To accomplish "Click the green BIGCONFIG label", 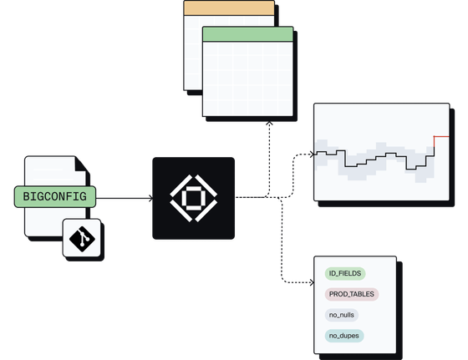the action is pyautogui.click(x=55, y=196).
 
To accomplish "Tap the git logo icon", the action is pyautogui.click(x=82, y=238).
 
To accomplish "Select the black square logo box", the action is pyautogui.click(x=193, y=198).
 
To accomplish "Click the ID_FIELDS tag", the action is pyautogui.click(x=345, y=273).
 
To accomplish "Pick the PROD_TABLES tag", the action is pyautogui.click(x=352, y=294).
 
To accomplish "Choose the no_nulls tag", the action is pyautogui.click(x=342, y=315).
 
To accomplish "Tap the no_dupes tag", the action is pyautogui.click(x=344, y=336).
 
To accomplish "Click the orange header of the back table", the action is pyautogui.click(x=229, y=8).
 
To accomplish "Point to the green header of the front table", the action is pyautogui.click(x=247, y=34).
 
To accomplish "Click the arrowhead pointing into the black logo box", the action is pyautogui.click(x=150, y=198).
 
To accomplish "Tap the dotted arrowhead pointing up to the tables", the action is pyautogui.click(x=269, y=123).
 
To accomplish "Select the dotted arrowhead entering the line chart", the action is pyautogui.click(x=313, y=155).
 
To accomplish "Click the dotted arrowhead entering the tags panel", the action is pyautogui.click(x=313, y=282).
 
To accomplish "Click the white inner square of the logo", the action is pyautogui.click(x=193, y=198).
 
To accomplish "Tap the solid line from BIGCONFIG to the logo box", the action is pyautogui.click(x=125, y=198).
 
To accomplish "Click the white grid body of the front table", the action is pyautogui.click(x=247, y=79).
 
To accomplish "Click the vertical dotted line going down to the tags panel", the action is pyautogui.click(x=282, y=240).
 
